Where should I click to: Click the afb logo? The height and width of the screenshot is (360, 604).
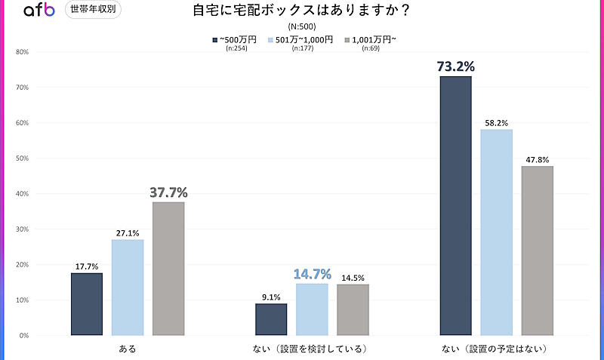click(39, 11)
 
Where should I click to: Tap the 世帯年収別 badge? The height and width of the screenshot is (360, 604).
click(93, 10)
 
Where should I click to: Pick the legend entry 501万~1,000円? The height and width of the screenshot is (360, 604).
click(300, 40)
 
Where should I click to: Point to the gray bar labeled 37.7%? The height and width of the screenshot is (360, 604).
click(168, 269)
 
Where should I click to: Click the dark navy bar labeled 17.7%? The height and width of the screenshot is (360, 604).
click(87, 304)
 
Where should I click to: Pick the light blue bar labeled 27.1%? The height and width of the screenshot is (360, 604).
click(128, 288)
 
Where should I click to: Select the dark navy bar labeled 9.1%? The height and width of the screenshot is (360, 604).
click(271, 319)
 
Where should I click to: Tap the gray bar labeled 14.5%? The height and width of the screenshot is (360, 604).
click(353, 309)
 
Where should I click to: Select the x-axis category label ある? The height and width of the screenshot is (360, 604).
click(128, 349)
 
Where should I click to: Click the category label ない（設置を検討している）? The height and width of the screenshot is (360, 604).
click(312, 349)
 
